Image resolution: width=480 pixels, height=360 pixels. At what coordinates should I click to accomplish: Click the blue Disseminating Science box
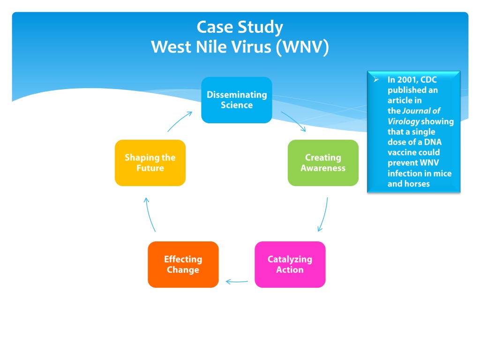(x=237, y=100)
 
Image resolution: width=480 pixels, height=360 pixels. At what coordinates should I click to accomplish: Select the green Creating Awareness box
(x=323, y=163)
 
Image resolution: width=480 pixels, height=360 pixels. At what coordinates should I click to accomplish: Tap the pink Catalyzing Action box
(x=290, y=264)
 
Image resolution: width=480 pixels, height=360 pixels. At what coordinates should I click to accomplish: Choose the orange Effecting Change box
(x=183, y=264)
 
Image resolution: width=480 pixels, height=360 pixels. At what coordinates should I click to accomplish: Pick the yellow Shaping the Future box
(x=150, y=163)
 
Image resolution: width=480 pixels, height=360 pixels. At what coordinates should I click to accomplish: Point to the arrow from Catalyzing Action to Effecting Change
(x=237, y=282)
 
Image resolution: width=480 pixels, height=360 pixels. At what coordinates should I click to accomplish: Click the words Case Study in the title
(x=240, y=27)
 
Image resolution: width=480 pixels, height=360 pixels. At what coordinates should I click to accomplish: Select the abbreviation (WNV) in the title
(x=302, y=47)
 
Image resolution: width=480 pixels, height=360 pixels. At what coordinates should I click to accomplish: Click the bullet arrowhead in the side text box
(x=376, y=80)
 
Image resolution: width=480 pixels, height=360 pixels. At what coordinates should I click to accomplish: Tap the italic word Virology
(x=404, y=121)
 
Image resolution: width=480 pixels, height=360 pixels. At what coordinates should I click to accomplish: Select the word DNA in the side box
(x=433, y=142)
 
